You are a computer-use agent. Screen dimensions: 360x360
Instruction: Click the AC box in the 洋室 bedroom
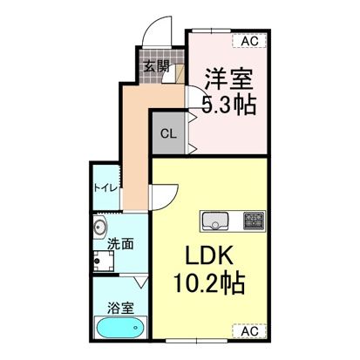[x=248, y=40]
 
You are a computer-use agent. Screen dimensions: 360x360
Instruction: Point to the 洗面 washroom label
[x=120, y=244]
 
